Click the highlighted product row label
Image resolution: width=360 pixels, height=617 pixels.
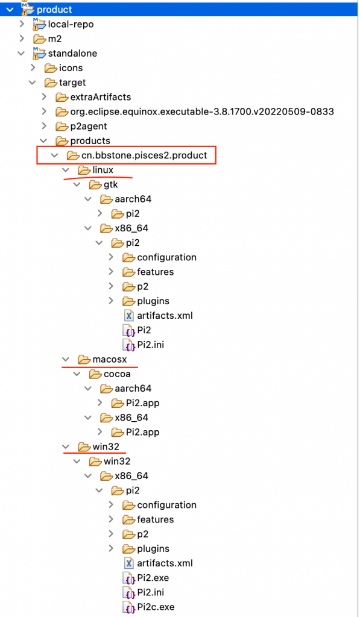[54, 10]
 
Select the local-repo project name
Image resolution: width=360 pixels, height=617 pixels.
[71, 24]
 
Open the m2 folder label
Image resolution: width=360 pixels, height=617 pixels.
[55, 39]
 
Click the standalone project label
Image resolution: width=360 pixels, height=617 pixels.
[72, 54]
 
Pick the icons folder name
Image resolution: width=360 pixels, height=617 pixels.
[71, 68]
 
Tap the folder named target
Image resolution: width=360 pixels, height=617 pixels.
[72, 83]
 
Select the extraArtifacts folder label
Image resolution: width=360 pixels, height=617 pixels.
[101, 97]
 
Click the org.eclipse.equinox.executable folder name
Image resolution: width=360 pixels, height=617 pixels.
[202, 111]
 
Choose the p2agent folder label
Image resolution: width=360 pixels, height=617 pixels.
[89, 127]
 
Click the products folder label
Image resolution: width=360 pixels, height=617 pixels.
[90, 141]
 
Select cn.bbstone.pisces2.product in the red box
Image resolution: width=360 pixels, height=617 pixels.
[144, 155]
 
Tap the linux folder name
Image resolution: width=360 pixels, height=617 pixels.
[103, 170]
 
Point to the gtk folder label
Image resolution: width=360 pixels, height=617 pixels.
[111, 184]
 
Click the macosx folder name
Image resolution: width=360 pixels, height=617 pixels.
[110, 360]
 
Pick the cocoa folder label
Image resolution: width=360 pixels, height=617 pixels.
[117, 374]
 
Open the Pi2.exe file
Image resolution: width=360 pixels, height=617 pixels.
[153, 578]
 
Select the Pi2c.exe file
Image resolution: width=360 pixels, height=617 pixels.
[156, 607]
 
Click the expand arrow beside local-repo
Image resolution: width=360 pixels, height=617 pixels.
[22, 24]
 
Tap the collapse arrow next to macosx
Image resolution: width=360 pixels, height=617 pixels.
[66, 360]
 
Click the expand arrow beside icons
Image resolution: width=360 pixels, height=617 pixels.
[34, 68]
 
